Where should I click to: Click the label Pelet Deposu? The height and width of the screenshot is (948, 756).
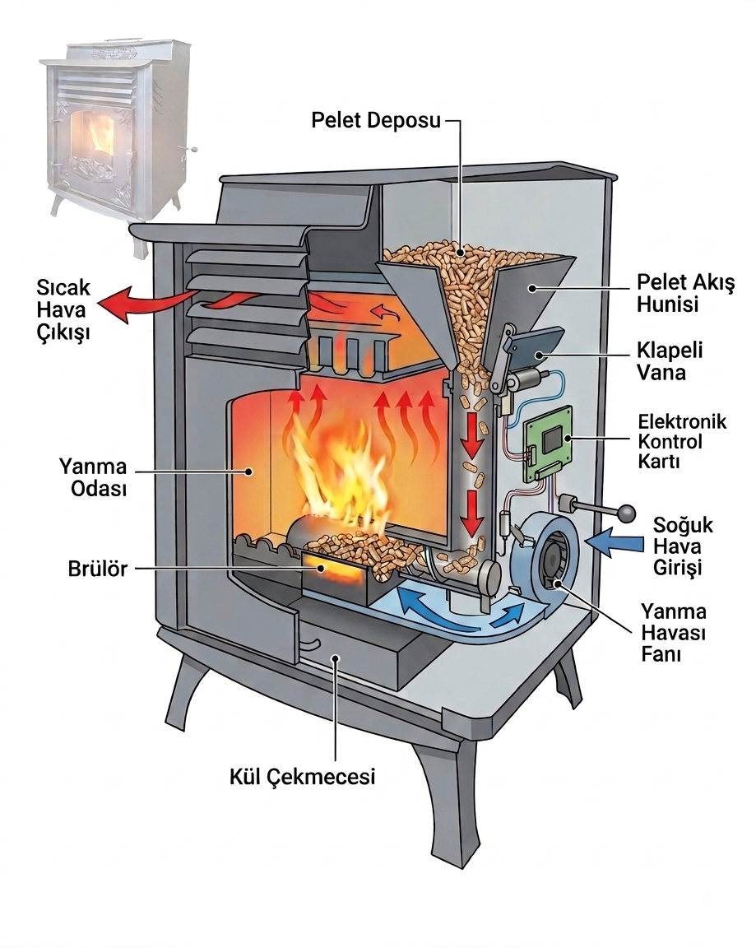click(376, 120)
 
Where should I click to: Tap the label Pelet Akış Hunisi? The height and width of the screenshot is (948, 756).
click(685, 293)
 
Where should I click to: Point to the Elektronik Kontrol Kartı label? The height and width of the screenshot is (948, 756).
click(682, 441)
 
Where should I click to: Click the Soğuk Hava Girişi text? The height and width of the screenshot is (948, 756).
click(682, 546)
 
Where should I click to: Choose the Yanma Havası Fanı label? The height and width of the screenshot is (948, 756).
click(673, 632)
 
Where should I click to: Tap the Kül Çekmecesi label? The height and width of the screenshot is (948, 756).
click(302, 776)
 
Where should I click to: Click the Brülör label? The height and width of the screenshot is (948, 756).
click(97, 569)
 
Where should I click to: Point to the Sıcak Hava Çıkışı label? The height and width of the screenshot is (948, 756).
click(63, 309)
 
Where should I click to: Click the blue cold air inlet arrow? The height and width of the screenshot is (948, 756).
click(616, 541)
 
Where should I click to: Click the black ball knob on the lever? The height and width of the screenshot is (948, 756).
click(628, 513)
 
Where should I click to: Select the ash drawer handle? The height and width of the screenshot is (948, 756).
click(311, 644)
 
